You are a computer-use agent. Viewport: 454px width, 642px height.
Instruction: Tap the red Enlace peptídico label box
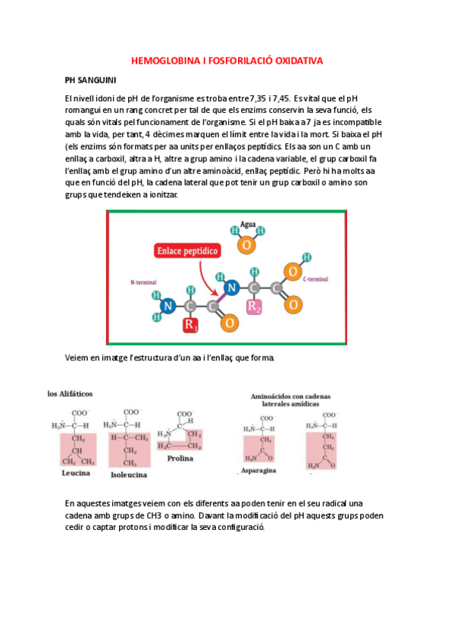pyautogui.click(x=188, y=250)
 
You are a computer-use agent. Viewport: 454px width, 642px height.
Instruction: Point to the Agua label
pyautogui.click(x=247, y=225)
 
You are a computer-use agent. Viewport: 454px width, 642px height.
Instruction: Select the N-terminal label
pyautogui.click(x=143, y=282)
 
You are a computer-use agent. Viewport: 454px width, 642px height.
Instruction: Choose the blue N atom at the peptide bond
pyautogui.click(x=233, y=288)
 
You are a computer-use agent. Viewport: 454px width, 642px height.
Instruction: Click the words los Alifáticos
pyautogui.click(x=76, y=394)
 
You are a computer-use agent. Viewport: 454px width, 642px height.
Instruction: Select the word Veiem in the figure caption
pyautogui.click(x=78, y=357)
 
